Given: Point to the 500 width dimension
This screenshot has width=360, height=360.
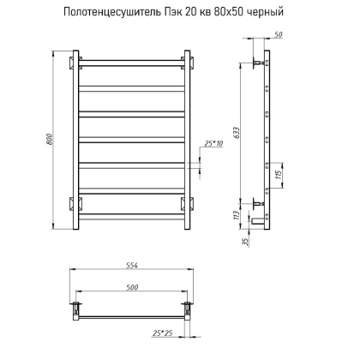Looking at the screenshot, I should [131, 285].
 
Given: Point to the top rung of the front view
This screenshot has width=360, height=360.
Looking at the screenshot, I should [131, 62].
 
